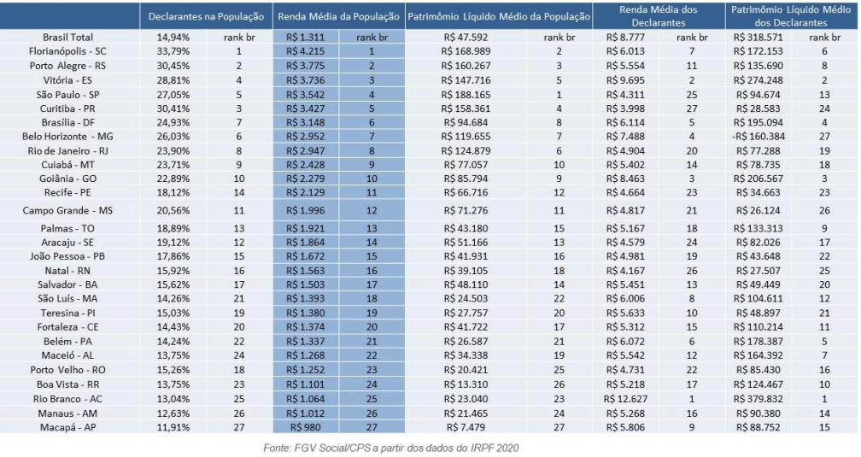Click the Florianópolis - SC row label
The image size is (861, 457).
coord(67,51)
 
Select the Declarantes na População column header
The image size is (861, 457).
coord(206,16)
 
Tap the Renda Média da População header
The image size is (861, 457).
coord(338,16)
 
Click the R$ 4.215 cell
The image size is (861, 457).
coord(305,51)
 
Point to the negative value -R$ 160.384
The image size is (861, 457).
coord(758,136)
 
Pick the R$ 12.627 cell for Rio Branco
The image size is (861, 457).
coord(625,399)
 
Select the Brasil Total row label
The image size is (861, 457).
coord(68,38)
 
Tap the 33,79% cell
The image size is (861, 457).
coord(173,51)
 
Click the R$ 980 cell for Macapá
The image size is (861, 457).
coord(305,427)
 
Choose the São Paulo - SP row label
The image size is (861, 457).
coord(68,95)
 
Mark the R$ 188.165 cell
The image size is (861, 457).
coord(466,95)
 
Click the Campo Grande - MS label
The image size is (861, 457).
coord(67,210)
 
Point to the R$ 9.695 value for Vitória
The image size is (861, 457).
coord(625,80)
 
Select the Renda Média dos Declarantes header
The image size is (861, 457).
coord(659,16)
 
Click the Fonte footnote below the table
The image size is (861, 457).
coord(391,448)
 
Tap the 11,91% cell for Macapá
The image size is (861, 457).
coord(173,427)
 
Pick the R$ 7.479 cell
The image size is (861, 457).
coord(466,427)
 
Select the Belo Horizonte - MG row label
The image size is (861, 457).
coord(67,136)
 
